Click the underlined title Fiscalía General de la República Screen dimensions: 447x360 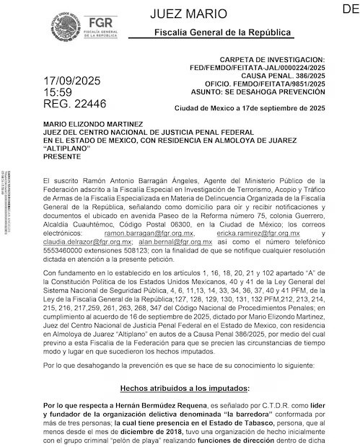pyautogui.click(x=223, y=33)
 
